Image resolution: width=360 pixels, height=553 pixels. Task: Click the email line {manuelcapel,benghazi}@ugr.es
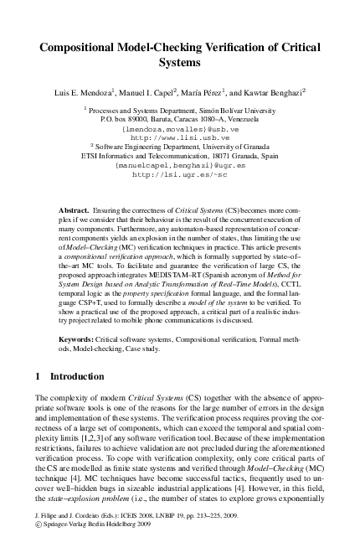tap(180, 166)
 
